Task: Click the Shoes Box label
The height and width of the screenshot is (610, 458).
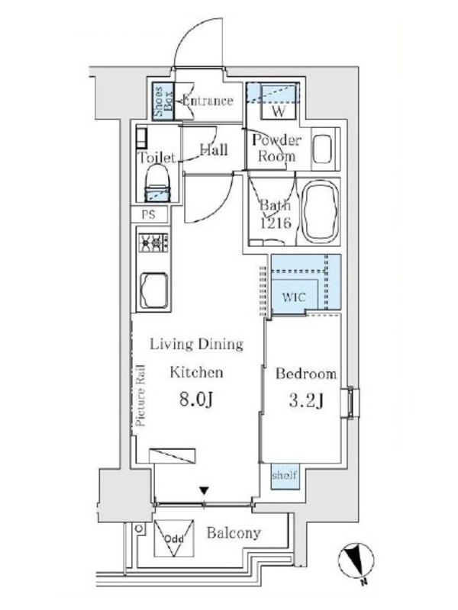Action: (163, 102)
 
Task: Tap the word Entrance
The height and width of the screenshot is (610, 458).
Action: (208, 101)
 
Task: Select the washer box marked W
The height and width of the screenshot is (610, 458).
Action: (279, 102)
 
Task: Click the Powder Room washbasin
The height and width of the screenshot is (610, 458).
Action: (322, 149)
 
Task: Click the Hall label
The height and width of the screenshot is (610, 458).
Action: (214, 149)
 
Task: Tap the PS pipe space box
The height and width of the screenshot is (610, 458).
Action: (149, 214)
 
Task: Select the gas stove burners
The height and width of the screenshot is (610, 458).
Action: (153, 242)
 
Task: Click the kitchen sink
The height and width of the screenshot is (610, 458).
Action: (154, 291)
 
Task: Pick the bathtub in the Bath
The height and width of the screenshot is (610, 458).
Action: (321, 212)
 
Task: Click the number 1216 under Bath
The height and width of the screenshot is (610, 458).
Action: (276, 223)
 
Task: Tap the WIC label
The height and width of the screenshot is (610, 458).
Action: (294, 297)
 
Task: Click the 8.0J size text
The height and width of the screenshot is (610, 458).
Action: (196, 400)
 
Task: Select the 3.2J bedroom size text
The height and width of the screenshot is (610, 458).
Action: (307, 401)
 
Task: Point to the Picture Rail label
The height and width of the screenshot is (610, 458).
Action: (140, 395)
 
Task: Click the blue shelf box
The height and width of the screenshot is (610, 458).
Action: (285, 476)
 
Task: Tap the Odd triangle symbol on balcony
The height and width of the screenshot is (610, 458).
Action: (174, 538)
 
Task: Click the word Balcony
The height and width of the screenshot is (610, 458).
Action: (234, 533)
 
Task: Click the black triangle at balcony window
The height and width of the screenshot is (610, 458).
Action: (204, 490)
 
